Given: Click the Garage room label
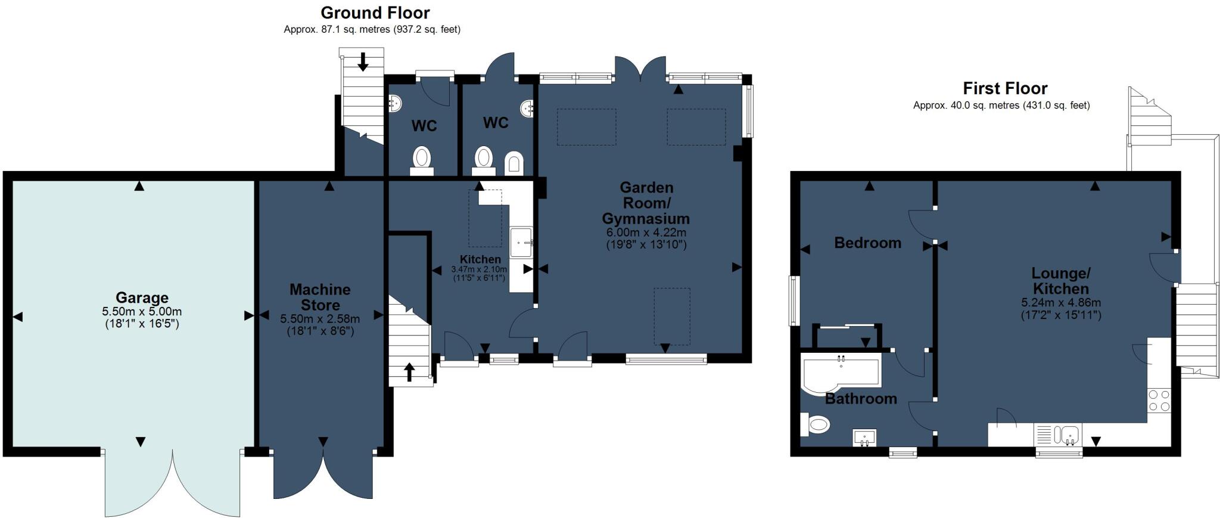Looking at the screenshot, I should [142, 297].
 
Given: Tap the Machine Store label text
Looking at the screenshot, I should [320, 297].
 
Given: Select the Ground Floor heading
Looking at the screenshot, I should [375, 13].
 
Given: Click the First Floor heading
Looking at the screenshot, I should [1005, 88].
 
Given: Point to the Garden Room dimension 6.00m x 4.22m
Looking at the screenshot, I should [646, 232].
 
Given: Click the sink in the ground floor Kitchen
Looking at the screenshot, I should [521, 242].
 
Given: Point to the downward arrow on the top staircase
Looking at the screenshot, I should [362, 61].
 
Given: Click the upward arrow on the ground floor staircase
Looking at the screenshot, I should [409, 372].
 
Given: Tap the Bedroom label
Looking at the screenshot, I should [867, 243].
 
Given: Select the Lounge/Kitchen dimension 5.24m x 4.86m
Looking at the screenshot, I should [1061, 302].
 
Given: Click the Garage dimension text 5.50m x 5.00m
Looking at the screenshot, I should [142, 311].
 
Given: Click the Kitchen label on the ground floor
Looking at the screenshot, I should [480, 259].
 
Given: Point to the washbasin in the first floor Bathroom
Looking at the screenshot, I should [864, 438].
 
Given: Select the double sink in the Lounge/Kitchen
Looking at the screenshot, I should [1066, 435].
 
